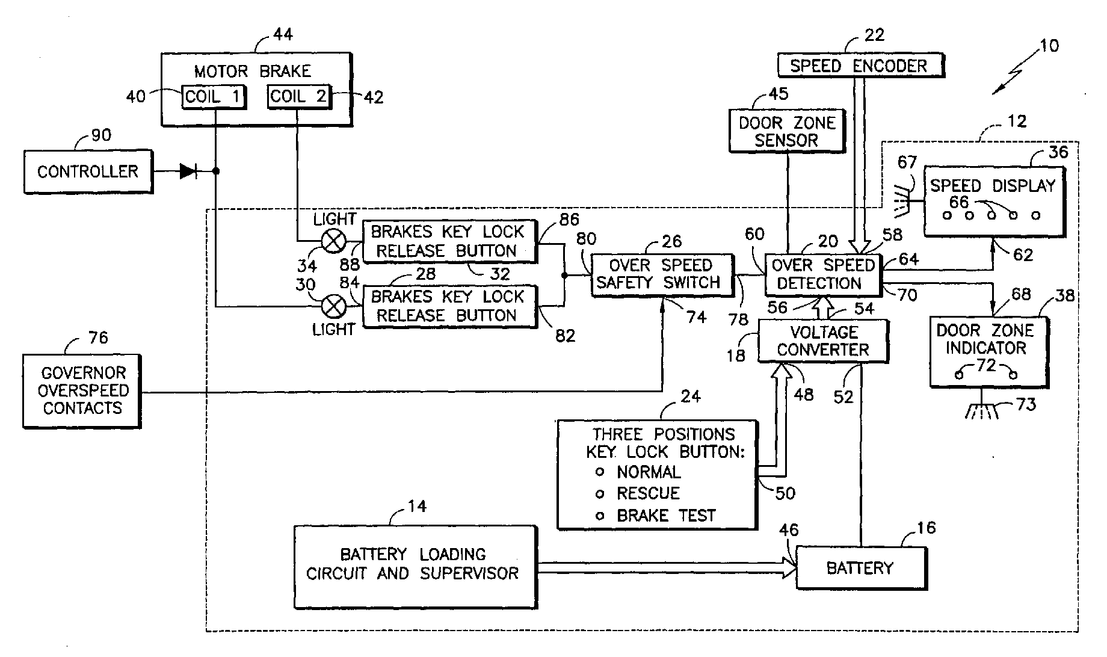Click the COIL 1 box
pos(214,97)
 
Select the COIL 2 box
pos(299,96)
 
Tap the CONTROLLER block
pos(88,171)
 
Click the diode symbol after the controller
pos(189,171)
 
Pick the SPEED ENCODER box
pos(860,66)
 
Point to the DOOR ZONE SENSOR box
pos(787,131)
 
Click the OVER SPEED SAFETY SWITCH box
pos(662,275)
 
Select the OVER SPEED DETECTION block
pos(823,274)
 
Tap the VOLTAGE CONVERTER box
pos(822,341)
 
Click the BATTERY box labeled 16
pos(860,567)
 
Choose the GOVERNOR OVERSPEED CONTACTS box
pos(82,390)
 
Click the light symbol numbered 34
pos(334,242)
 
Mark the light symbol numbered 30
pos(334,307)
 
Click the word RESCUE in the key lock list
pos(648,493)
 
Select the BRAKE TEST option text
pos(666,516)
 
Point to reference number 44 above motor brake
pos(283,34)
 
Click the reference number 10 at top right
pos(1049,46)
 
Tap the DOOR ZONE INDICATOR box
pos(988,351)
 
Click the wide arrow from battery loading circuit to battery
pos(667,568)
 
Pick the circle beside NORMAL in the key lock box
pos(599,472)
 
